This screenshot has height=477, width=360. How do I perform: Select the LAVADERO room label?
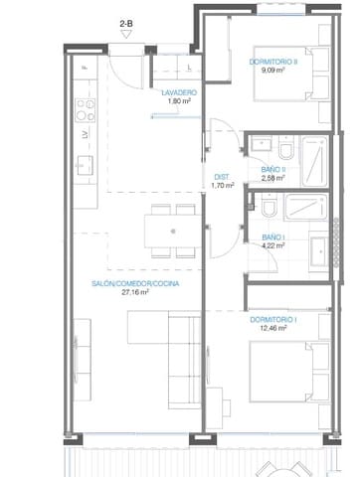[179, 91]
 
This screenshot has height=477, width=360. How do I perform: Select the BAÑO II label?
[273, 170]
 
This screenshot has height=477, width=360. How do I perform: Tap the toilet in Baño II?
[285, 150]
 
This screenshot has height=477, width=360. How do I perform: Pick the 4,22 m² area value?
[273, 246]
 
